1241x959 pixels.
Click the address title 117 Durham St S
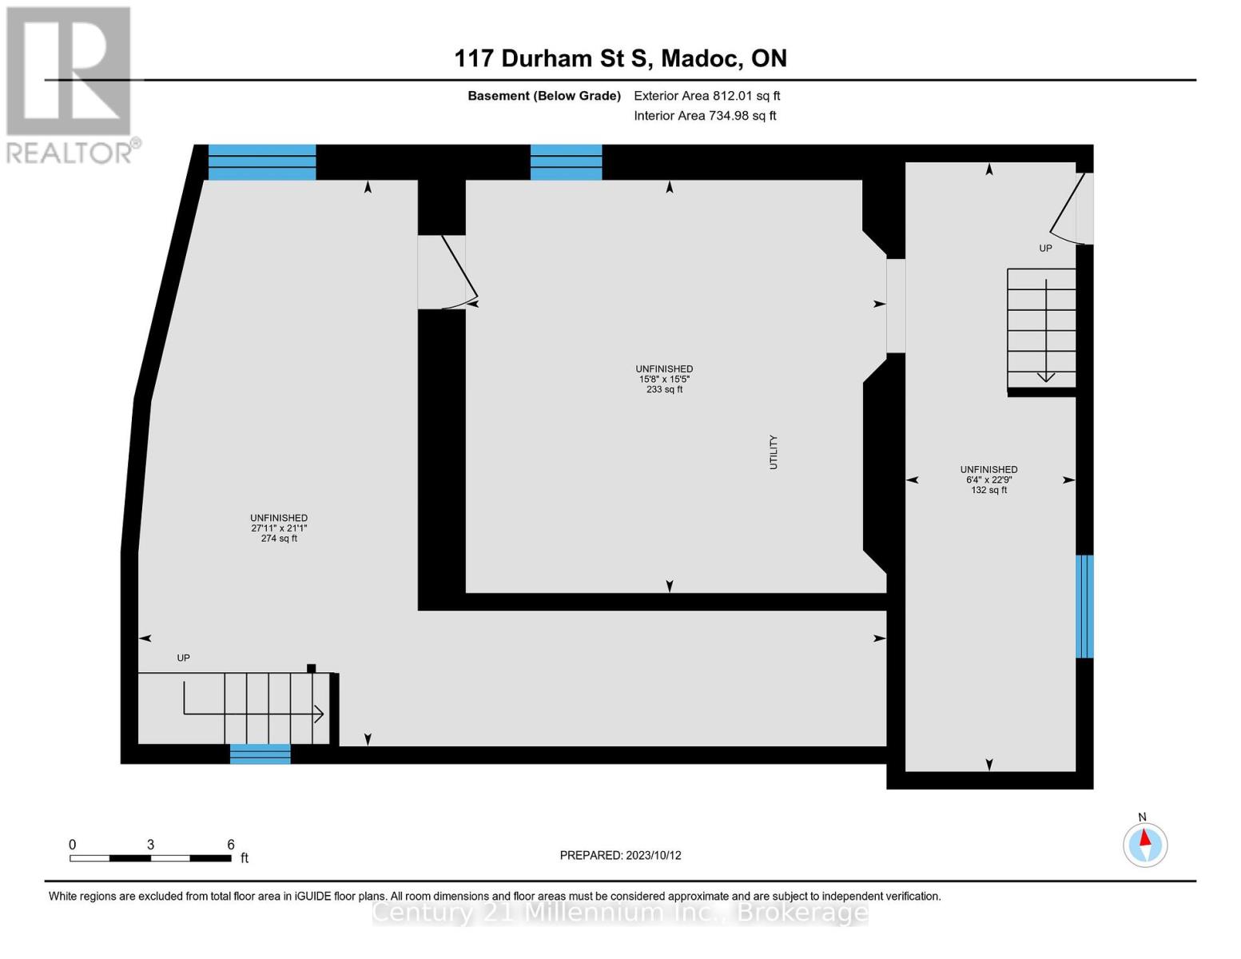click(620, 58)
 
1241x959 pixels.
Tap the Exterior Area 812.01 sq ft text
click(706, 96)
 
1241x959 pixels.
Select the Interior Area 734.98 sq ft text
click(705, 116)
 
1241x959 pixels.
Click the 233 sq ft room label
click(664, 380)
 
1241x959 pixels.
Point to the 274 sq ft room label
click(279, 528)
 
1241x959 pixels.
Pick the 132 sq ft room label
click(988, 479)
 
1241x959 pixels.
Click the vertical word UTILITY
click(773, 452)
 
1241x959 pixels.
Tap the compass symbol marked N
click(1145, 844)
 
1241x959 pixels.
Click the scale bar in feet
click(150, 858)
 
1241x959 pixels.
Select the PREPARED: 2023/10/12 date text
click(620, 855)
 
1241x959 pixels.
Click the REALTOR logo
click(70, 84)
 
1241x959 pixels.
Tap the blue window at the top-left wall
click(262, 162)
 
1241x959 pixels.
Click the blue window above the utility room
click(566, 162)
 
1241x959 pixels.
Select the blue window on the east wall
click(1084, 607)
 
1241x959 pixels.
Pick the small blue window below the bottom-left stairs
click(260, 754)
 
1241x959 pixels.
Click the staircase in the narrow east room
click(1041, 329)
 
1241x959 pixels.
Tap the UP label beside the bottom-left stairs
click(183, 658)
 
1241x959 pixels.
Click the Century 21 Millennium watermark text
click(620, 912)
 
